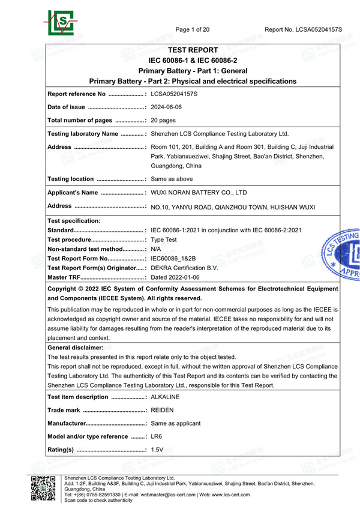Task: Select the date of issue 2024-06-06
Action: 166,107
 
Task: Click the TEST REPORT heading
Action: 193,50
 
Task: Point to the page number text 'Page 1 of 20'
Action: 193,29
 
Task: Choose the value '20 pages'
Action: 164,121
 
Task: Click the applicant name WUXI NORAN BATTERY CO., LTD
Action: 199,193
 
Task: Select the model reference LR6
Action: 157,436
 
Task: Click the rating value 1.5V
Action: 158,450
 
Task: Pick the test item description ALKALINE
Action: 166,397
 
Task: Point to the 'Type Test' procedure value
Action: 163,239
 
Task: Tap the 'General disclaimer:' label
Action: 75,348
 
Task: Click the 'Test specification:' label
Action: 74,220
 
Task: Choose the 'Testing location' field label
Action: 70,179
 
